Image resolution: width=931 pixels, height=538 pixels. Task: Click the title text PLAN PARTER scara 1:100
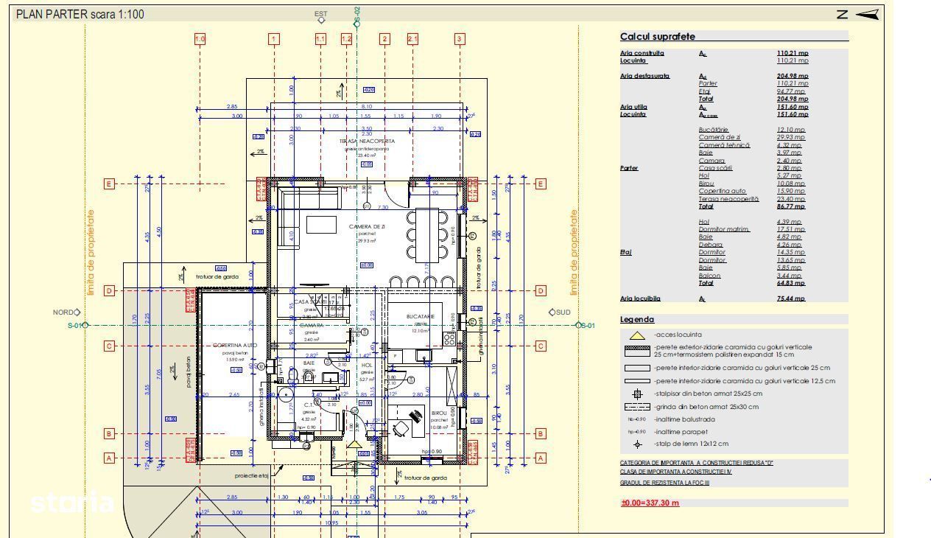click(x=80, y=14)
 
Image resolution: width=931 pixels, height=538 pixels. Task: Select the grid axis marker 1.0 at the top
click(x=200, y=39)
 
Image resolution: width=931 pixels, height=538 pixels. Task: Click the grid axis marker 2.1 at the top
click(x=412, y=39)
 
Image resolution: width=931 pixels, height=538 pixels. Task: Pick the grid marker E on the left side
click(x=109, y=184)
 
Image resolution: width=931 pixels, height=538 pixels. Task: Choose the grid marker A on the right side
click(x=541, y=458)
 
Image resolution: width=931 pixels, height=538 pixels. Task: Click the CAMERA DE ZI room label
click(x=367, y=226)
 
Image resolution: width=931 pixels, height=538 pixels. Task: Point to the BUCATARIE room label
click(x=421, y=316)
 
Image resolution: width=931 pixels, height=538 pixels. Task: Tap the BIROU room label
click(x=439, y=413)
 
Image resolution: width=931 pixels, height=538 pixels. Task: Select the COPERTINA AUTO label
click(x=234, y=345)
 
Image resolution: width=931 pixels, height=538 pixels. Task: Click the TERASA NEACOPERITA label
click(x=367, y=141)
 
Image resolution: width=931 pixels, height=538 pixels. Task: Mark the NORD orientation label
click(x=63, y=312)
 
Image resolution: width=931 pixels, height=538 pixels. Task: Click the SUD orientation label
click(x=563, y=312)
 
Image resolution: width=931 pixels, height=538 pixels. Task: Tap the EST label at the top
click(x=321, y=14)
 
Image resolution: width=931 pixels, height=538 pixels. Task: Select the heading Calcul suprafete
click(x=657, y=37)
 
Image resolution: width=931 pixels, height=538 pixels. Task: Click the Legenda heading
click(x=636, y=320)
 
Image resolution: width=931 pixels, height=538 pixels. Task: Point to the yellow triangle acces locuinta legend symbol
click(x=637, y=335)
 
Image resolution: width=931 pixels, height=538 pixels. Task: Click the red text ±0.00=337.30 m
click(x=650, y=503)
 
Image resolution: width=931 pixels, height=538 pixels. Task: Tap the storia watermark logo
click(x=71, y=503)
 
